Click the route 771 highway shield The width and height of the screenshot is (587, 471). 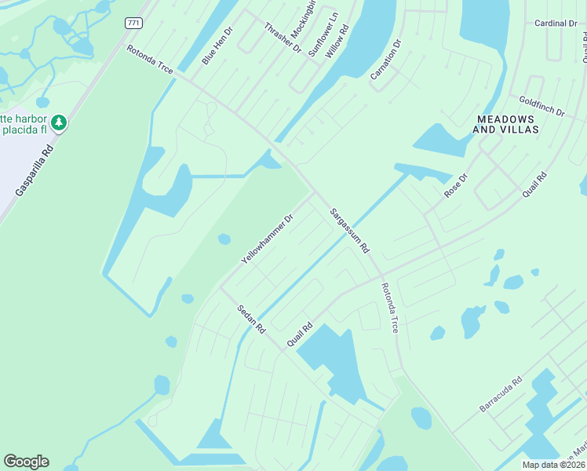coord(133,23)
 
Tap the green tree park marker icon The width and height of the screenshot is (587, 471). coord(59,122)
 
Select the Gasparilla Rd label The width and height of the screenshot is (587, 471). coord(35,169)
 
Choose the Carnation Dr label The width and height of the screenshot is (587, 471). coord(385,59)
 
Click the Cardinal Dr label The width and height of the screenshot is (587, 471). coord(556,24)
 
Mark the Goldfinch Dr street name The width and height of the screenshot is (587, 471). coord(541,107)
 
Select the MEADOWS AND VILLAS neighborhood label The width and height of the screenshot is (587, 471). coord(508,124)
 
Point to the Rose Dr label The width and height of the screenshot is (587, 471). coord(455,186)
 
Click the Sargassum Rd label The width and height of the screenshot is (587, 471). coord(348,229)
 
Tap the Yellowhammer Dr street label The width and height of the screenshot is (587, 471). coord(266,239)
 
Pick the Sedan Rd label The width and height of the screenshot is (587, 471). coord(251,317)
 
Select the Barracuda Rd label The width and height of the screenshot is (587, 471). coord(501,396)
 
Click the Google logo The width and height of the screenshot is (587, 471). coord(26,462)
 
